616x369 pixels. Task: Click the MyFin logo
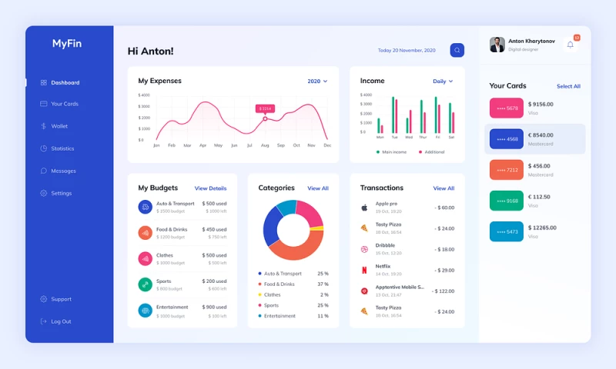(x=67, y=44)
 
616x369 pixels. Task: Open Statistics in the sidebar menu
(x=62, y=148)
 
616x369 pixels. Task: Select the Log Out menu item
(x=61, y=321)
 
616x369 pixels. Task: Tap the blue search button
(x=457, y=50)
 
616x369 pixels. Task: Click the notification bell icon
(x=571, y=45)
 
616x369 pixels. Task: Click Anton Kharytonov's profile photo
(x=497, y=45)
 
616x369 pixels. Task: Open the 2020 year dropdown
(x=317, y=81)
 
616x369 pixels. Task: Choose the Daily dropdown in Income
(x=443, y=81)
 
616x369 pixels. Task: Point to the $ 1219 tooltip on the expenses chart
(x=265, y=108)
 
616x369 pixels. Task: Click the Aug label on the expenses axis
(x=265, y=145)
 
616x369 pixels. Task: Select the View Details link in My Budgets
(x=210, y=188)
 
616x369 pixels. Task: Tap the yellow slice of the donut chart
(x=316, y=228)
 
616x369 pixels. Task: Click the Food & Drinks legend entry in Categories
(x=279, y=284)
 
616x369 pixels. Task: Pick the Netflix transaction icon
(x=364, y=270)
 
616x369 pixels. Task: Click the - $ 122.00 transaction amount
(x=444, y=291)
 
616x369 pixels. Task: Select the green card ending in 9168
(x=506, y=201)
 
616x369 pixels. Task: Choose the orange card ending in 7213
(x=506, y=169)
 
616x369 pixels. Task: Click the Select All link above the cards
(x=568, y=86)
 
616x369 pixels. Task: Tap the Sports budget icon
(x=145, y=284)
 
